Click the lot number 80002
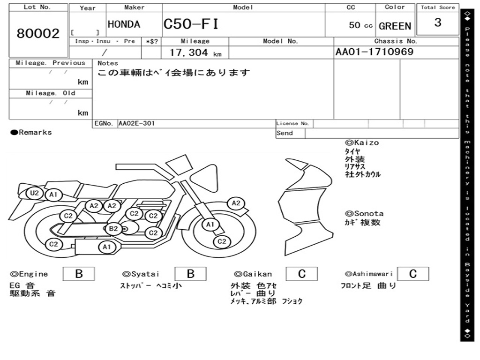pos(38,33)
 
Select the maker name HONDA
pos(124,24)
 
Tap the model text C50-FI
pos(191,24)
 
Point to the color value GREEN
pos(395,26)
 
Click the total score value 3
pos(438,22)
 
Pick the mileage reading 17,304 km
pos(195,52)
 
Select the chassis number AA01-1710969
pos(375,52)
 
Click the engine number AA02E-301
pos(136,123)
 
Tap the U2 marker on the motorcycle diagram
pos(35,193)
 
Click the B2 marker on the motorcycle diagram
pos(113,228)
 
